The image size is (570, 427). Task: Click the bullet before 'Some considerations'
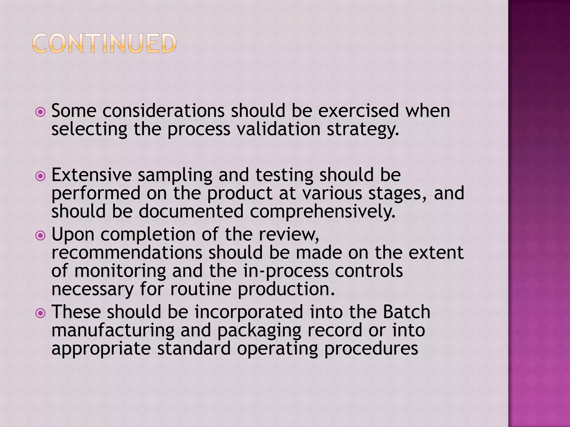point(41,112)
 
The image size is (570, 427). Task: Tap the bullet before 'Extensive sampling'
point(41,176)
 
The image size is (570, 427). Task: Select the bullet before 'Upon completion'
point(41,236)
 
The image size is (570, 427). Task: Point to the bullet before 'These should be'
point(41,313)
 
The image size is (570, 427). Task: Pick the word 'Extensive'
point(92,175)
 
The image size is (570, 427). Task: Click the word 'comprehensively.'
point(323,212)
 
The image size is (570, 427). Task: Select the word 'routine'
point(201,289)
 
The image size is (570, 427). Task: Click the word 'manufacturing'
point(113,331)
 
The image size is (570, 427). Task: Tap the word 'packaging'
point(259,331)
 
